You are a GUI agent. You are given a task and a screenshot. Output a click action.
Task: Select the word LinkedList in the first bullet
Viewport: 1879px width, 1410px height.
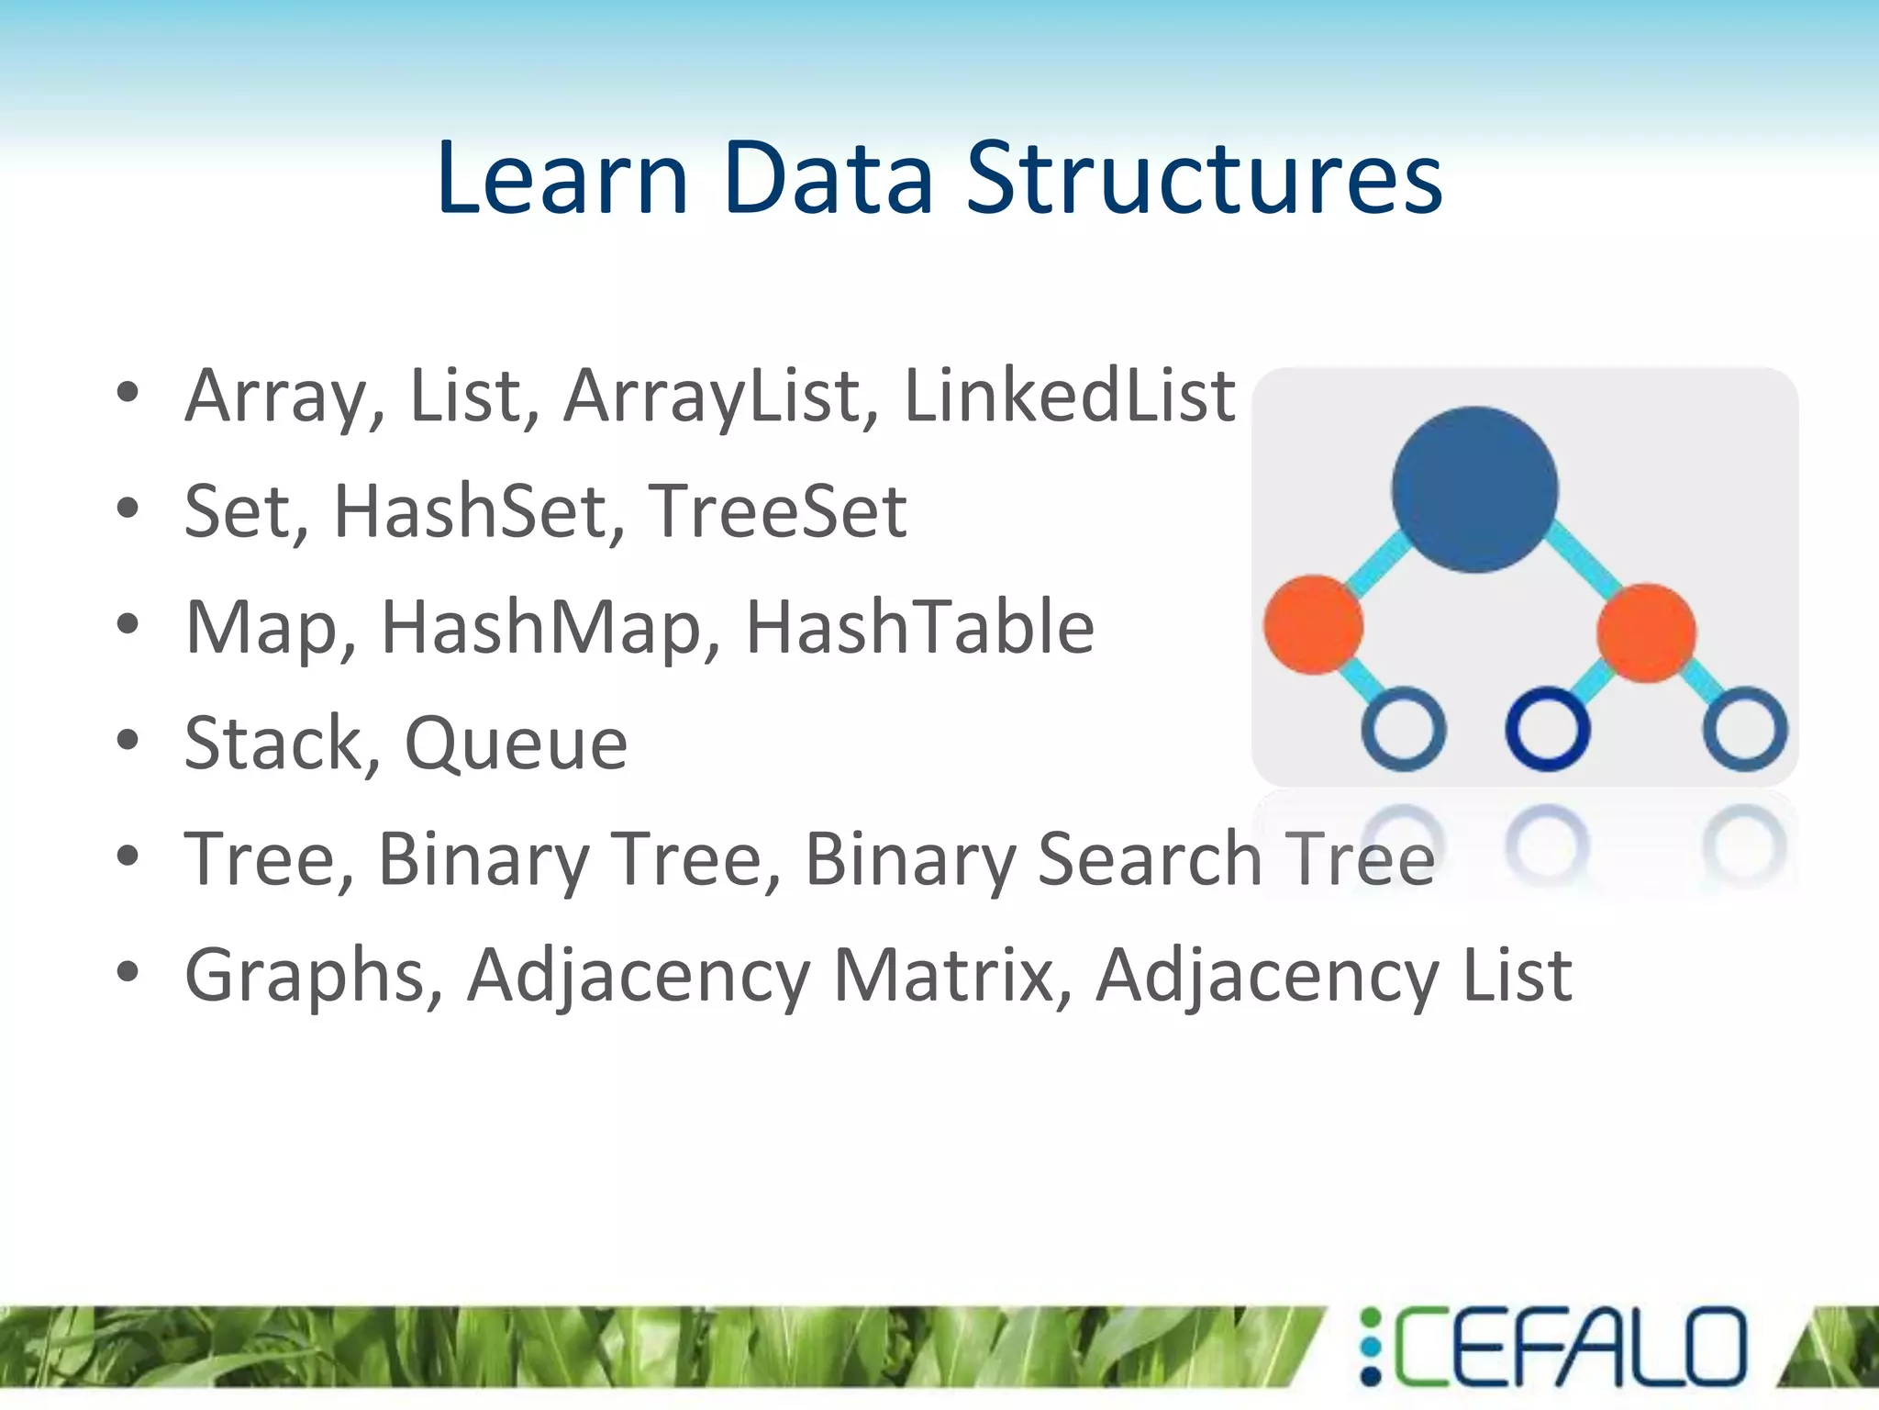[1070, 396]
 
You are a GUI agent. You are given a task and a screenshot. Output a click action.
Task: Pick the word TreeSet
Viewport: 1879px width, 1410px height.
[777, 511]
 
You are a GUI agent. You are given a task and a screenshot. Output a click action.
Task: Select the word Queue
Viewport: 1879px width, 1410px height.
[516, 744]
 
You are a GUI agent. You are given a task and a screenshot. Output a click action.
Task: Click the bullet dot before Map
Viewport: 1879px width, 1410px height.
[128, 626]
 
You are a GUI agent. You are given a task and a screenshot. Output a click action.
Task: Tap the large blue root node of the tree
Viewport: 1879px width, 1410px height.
[1474, 489]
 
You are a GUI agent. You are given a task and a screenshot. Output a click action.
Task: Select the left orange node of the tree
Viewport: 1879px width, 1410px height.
[1313, 625]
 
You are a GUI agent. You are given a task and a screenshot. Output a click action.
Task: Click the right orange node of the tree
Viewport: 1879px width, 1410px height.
[1646, 632]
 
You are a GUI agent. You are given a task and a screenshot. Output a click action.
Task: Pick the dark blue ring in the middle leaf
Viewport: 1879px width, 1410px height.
[1548, 729]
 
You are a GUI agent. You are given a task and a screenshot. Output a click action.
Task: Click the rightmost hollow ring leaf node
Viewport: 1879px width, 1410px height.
[1745, 729]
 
